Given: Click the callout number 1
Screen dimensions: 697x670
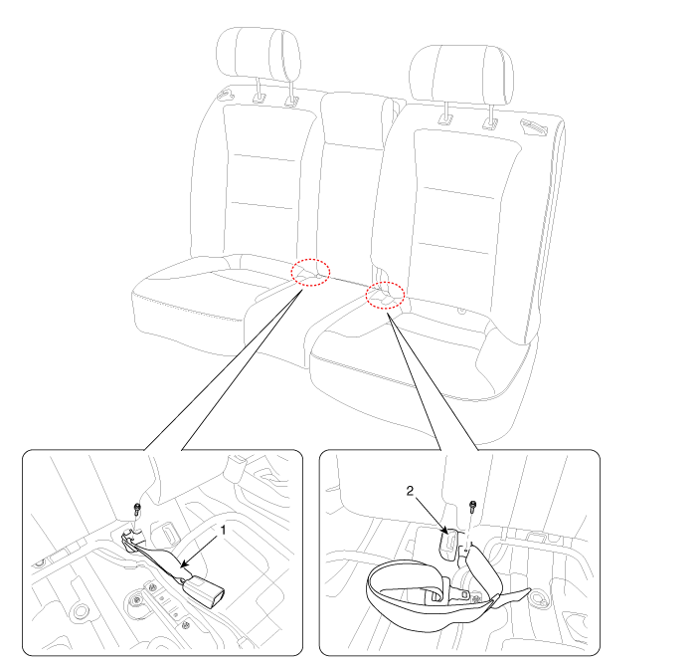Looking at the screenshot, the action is (223, 531).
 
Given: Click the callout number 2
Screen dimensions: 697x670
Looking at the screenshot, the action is (410, 491).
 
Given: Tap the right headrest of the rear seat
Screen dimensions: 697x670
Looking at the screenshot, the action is (461, 74).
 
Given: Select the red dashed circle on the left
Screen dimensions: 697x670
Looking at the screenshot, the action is (310, 272).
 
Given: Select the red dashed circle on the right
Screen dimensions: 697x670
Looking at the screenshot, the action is (385, 295).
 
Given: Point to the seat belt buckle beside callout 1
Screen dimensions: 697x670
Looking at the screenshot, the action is (204, 588).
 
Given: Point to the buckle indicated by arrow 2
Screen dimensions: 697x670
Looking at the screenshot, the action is (449, 543).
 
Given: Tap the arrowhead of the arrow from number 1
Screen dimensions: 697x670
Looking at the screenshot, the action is (183, 566).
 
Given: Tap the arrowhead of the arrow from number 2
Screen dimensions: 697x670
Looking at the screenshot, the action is (445, 531).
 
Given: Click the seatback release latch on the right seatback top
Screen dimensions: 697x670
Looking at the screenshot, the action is (534, 127).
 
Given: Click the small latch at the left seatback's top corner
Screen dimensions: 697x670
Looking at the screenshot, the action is (226, 94).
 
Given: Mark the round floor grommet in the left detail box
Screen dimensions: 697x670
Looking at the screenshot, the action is (82, 611).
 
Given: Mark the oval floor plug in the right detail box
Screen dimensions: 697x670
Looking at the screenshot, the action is (539, 597).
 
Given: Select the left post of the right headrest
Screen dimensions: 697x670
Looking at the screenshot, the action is (445, 112).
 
